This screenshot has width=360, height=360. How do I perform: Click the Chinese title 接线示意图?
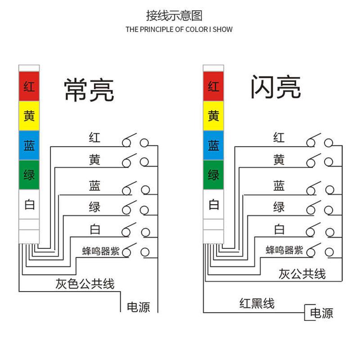[x=174, y=16]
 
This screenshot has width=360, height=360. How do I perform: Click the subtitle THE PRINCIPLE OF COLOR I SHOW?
[x=179, y=30]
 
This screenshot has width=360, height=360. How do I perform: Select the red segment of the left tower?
[x=29, y=86]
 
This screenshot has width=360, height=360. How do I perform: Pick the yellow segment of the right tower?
[x=214, y=116]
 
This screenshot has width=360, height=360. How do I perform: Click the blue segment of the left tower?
[x=29, y=145]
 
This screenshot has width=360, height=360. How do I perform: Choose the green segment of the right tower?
[x=214, y=175]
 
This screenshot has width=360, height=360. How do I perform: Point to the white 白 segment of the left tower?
[x=29, y=205]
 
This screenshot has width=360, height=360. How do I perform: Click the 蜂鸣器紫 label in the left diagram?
[x=101, y=251]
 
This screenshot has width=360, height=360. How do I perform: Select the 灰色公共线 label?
[x=85, y=283]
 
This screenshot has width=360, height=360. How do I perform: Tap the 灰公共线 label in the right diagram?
[x=302, y=273]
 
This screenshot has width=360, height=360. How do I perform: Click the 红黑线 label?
[x=256, y=303]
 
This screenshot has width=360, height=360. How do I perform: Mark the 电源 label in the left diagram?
[x=138, y=307]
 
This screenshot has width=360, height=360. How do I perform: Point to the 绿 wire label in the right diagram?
[x=279, y=207]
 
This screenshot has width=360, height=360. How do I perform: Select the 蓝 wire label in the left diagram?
[x=94, y=185]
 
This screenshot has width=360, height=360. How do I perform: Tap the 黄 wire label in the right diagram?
[x=279, y=159]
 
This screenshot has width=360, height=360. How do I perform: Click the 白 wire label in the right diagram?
[x=279, y=229]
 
